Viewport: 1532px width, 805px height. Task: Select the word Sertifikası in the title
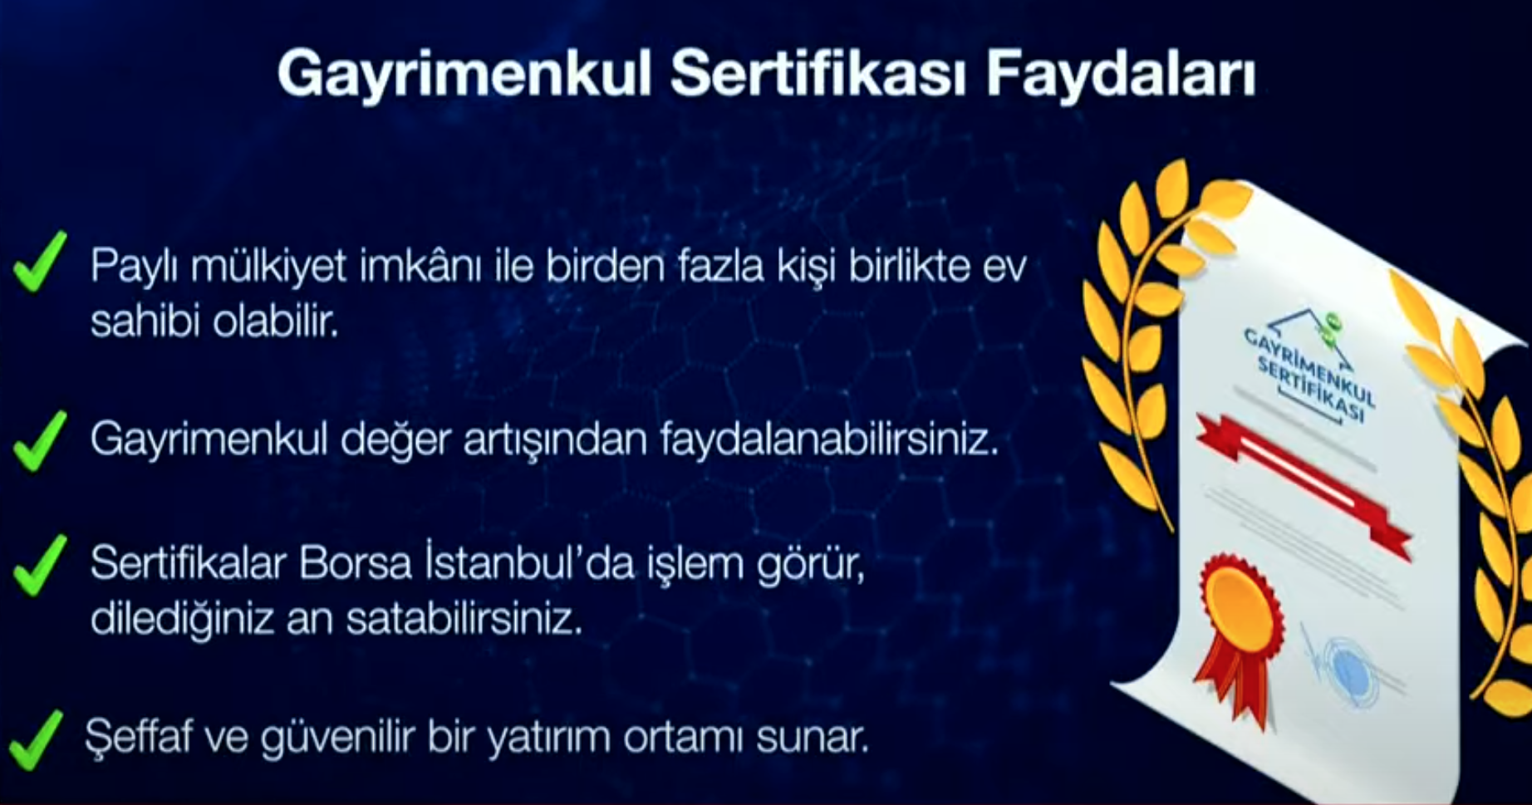point(818,75)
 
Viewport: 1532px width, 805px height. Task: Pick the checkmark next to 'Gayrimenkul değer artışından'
point(40,440)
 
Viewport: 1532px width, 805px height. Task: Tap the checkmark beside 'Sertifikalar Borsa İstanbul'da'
point(40,565)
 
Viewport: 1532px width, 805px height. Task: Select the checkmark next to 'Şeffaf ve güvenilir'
point(35,739)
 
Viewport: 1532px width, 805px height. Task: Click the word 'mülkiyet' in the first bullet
point(268,268)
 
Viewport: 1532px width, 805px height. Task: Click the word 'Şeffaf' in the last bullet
point(139,738)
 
